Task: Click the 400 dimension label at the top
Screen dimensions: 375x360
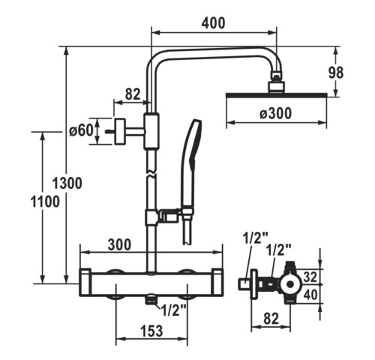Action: tap(213, 22)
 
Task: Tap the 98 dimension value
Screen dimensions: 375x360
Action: tap(336, 73)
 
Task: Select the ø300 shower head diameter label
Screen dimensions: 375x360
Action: tap(275, 113)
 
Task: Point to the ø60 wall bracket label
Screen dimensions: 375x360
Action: tap(81, 130)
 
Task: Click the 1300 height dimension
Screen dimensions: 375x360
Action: tap(67, 183)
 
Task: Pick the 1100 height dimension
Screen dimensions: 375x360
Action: tap(45, 202)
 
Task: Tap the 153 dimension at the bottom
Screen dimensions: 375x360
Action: tap(151, 331)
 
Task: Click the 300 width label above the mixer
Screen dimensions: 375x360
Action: tap(119, 244)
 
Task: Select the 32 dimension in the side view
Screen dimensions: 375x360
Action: tap(310, 277)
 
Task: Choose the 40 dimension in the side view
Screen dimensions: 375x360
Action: tap(310, 295)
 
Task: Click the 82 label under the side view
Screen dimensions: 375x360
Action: tap(271, 319)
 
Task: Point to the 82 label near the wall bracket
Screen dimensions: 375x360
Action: tap(133, 94)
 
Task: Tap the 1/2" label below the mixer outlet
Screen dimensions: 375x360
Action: tap(174, 310)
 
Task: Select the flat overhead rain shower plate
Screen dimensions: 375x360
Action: tap(276, 95)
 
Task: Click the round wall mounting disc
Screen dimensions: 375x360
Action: tap(120, 131)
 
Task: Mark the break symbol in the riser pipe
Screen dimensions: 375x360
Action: tap(151, 174)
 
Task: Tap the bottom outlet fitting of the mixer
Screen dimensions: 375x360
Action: tap(150, 300)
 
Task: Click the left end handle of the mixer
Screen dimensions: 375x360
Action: tap(85, 283)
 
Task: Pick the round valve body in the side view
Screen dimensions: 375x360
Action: tap(290, 284)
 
